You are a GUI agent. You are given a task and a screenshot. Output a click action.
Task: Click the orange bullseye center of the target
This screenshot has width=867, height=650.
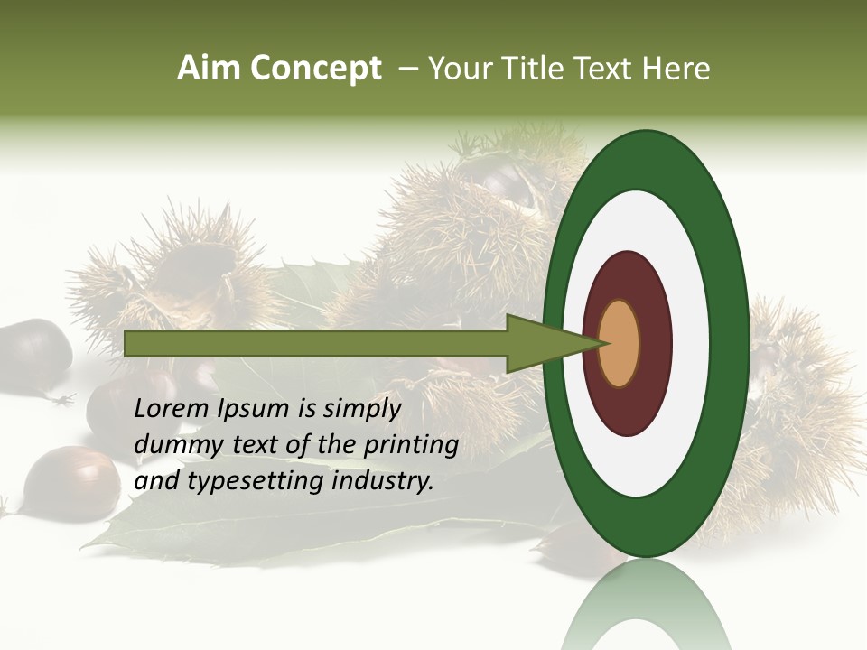click(x=619, y=343)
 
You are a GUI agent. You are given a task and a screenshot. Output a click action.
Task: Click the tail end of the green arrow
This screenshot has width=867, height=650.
click(x=127, y=343)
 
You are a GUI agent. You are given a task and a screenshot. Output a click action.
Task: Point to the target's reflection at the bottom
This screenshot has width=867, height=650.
click(x=647, y=609)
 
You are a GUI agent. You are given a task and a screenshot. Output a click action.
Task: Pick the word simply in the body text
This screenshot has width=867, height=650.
click(x=360, y=409)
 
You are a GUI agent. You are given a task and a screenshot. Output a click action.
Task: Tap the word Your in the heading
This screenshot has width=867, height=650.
click(x=457, y=69)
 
